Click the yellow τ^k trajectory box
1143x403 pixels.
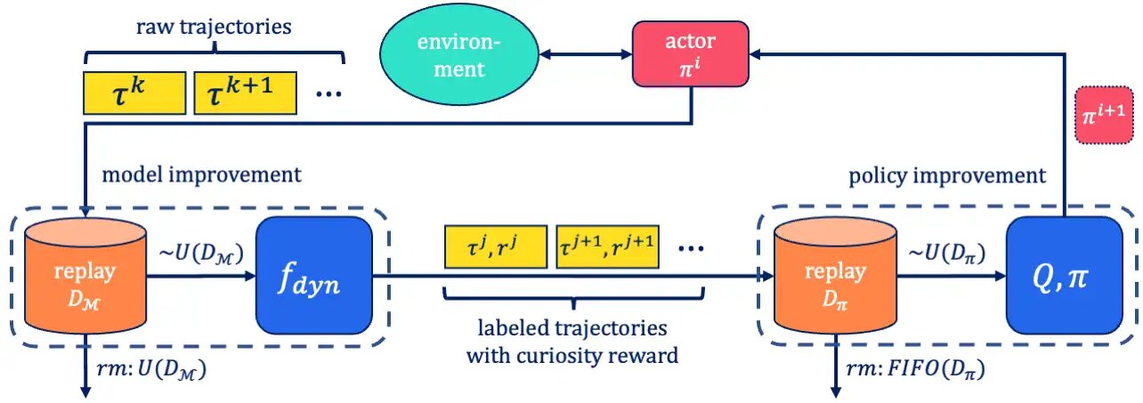(x=134, y=93)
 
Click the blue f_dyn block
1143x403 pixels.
(x=314, y=272)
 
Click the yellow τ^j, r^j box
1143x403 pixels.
(x=494, y=248)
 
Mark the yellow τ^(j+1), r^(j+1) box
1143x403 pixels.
(x=607, y=248)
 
